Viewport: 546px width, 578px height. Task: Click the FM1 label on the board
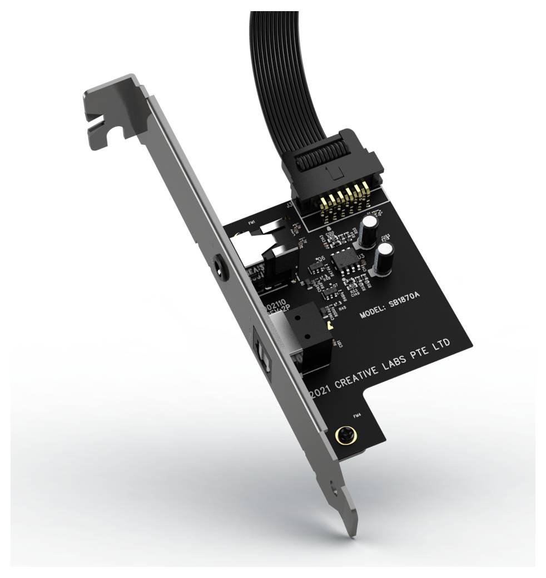pyautogui.click(x=252, y=223)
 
